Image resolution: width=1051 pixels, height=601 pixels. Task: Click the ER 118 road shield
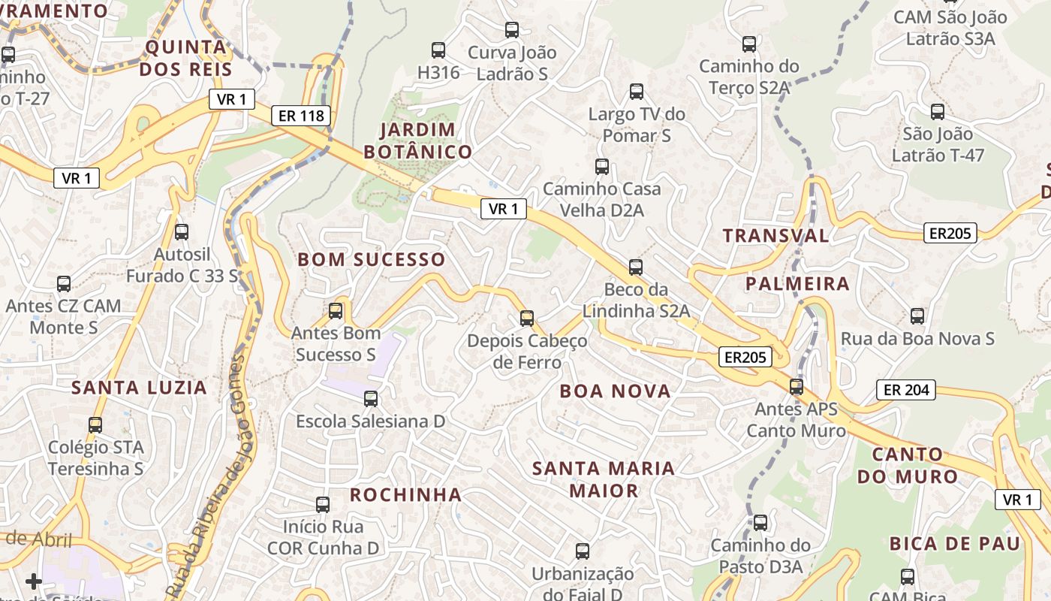point(301,115)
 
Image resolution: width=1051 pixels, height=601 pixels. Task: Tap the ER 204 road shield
point(906,390)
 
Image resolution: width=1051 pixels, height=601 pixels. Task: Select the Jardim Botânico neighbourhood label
point(417,140)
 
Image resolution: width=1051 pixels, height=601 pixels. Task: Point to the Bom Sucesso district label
point(372,260)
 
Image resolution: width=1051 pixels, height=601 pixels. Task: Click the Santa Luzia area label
point(139,388)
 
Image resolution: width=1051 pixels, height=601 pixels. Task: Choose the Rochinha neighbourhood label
point(405,494)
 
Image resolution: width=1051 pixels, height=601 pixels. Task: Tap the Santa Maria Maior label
point(604,479)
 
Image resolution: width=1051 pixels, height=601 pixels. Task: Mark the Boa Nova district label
point(615,391)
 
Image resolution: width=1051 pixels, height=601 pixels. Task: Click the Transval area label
point(775,235)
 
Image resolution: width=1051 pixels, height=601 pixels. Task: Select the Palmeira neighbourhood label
point(797,284)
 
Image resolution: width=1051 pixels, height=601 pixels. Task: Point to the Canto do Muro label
point(908,465)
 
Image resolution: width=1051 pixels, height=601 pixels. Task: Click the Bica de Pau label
point(955,543)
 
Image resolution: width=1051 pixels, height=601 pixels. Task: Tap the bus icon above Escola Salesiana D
point(370,398)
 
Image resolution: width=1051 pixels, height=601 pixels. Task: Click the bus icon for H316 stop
point(438,50)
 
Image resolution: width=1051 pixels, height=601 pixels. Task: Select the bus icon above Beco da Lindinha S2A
point(636,267)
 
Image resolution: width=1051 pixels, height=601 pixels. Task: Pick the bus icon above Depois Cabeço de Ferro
point(526,318)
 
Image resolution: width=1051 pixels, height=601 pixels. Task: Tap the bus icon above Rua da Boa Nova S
point(917,316)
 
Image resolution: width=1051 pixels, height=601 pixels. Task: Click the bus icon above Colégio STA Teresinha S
point(95,424)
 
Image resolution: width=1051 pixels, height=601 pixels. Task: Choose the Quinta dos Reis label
point(185,59)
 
